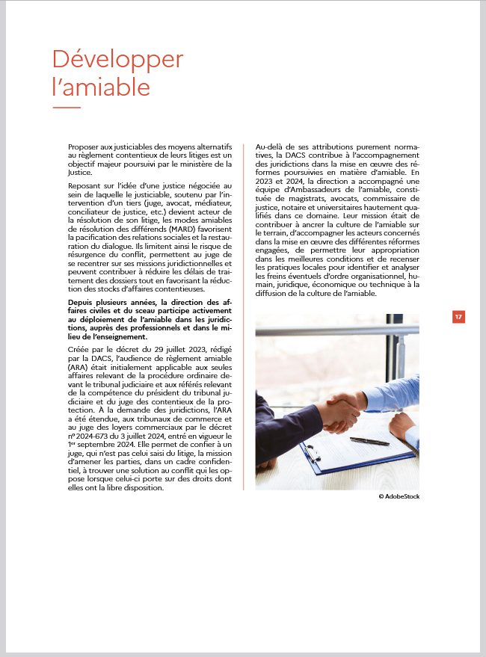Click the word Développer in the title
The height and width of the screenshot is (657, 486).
117,59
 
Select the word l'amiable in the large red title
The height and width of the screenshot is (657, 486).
101,87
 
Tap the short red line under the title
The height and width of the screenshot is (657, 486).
66,108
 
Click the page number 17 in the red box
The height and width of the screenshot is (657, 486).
458,317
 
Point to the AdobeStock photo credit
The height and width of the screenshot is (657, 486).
399,496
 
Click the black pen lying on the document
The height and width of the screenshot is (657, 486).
369,442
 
